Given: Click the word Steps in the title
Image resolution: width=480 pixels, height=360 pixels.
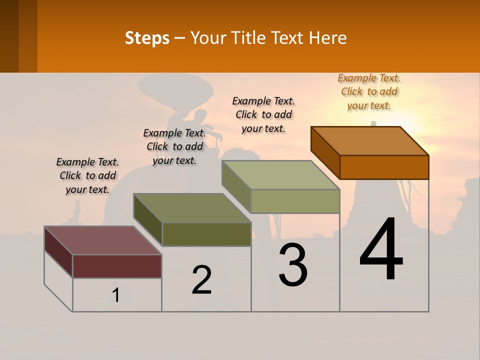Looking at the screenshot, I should pyautogui.click(x=147, y=38).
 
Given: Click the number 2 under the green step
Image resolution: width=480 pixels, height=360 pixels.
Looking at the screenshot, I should pyautogui.click(x=201, y=279).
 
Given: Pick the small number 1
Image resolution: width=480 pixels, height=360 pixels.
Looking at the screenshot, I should pyautogui.click(x=116, y=295).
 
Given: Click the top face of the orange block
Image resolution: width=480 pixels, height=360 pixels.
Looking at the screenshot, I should pyautogui.click(x=370, y=140).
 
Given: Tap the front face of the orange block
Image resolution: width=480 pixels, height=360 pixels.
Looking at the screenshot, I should pyautogui.click(x=384, y=167).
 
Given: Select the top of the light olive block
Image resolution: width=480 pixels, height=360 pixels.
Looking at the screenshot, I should pyautogui.click(x=281, y=175).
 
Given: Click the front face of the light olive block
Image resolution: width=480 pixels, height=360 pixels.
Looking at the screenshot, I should pyautogui.click(x=295, y=201).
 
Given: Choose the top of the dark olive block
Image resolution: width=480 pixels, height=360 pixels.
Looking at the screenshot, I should pyautogui.click(x=192, y=208).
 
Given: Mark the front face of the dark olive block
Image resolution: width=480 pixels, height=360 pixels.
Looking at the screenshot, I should pyautogui.click(x=206, y=234).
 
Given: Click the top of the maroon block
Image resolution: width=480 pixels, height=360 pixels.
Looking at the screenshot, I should pyautogui.click(x=103, y=240).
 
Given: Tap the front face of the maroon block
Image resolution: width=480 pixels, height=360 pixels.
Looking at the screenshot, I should pyautogui.click(x=117, y=266).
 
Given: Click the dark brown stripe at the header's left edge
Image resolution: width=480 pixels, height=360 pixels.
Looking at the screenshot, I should pyautogui.click(x=9, y=36).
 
